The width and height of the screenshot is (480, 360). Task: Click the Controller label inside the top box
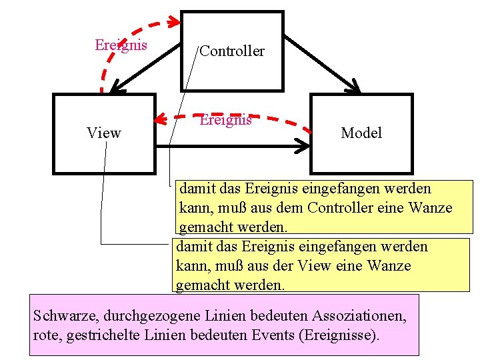(232, 51)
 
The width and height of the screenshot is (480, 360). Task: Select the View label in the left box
(104, 133)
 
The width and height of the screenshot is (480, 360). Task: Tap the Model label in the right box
(361, 133)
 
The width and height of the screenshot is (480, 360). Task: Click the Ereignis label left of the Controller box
(121, 45)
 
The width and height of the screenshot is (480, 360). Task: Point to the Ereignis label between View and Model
(226, 120)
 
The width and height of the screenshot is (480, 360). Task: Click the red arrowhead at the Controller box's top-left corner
(175, 23)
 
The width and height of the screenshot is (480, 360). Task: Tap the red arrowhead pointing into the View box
(158, 120)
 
